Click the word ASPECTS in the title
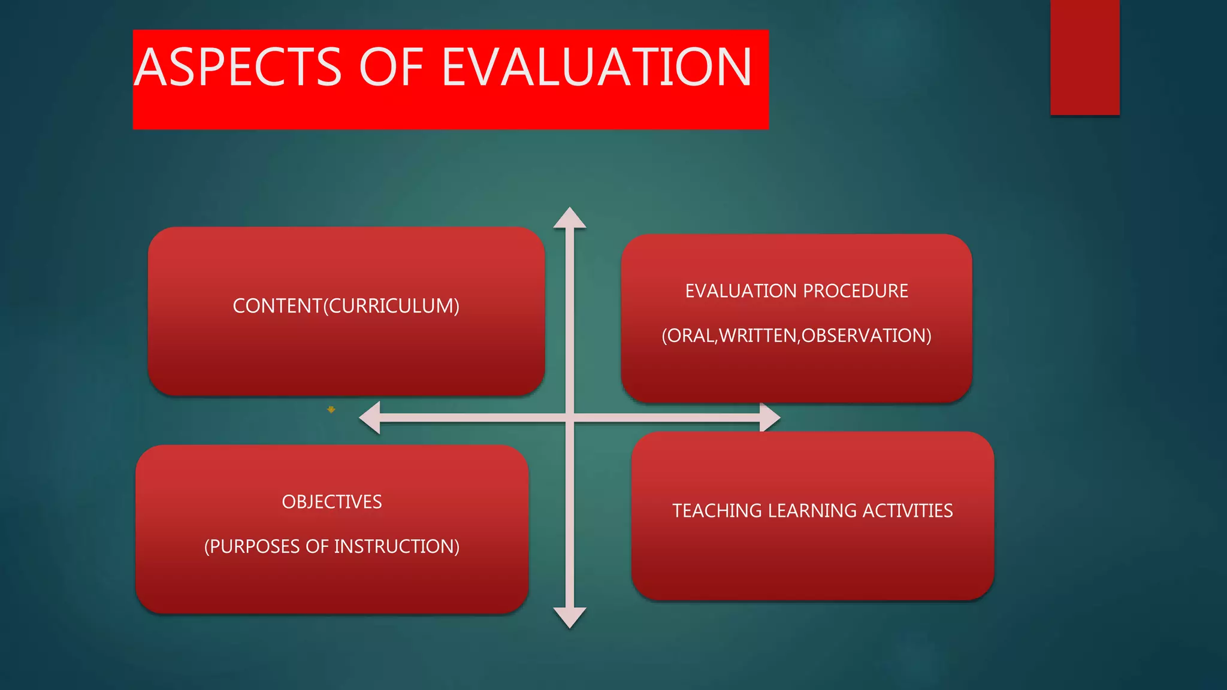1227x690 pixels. click(238, 67)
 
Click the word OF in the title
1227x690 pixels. click(391, 67)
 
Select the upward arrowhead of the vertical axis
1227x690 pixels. click(569, 218)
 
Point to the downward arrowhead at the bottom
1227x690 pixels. click(569, 618)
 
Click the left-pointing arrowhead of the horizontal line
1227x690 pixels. click(370, 417)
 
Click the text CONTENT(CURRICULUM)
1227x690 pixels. click(346, 306)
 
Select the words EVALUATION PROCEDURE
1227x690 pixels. click(796, 291)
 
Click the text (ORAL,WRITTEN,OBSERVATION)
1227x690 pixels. click(796, 335)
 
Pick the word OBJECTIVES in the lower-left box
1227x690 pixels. click(331, 502)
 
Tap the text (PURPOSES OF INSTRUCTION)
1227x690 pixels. click(331, 546)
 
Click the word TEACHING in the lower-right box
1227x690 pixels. click(717, 511)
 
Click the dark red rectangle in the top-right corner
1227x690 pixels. click(1084, 57)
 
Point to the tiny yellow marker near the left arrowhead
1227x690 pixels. click(331, 410)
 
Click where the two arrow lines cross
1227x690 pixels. click(570, 417)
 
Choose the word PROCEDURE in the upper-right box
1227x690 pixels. click(855, 291)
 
